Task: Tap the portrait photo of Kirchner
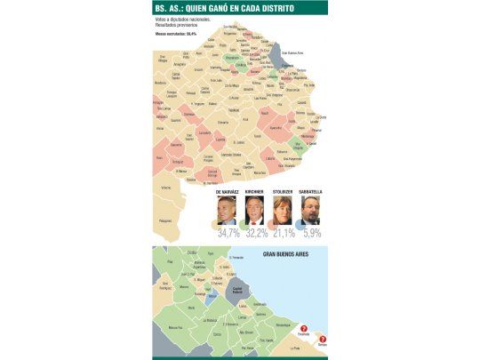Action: pyautogui.click(x=254, y=211)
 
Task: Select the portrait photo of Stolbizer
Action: pyautogui.click(x=283, y=211)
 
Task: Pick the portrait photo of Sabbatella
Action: pyautogui.click(x=309, y=211)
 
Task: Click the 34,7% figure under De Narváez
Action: pyautogui.click(x=228, y=233)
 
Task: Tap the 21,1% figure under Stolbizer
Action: pyautogui.click(x=284, y=233)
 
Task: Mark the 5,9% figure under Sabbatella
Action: pyautogui.click(x=310, y=233)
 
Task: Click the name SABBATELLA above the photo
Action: pyautogui.click(x=308, y=191)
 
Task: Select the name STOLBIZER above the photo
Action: pyautogui.click(x=282, y=191)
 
